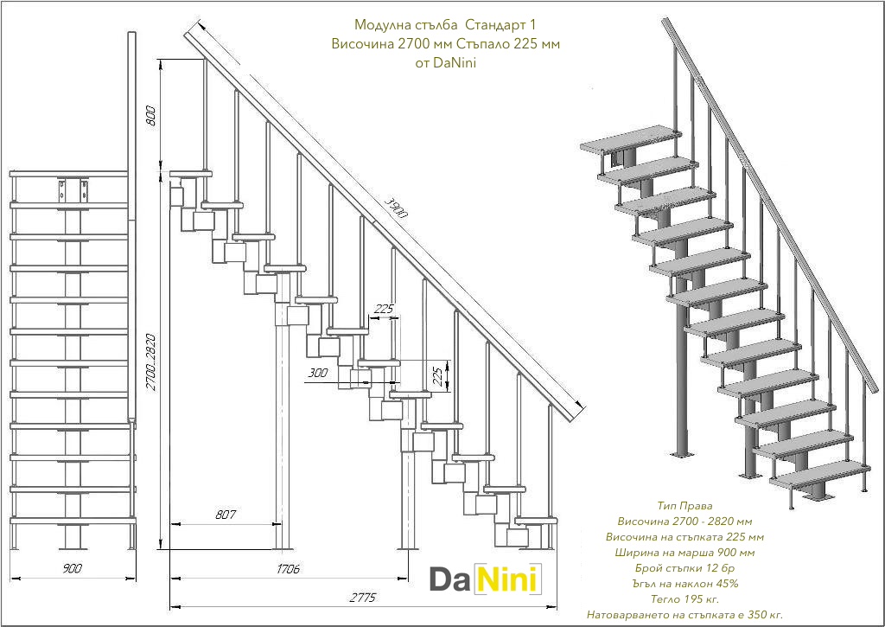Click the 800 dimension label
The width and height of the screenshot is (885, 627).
pyautogui.click(x=152, y=116)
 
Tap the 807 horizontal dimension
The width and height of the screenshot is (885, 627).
pyautogui.click(x=225, y=515)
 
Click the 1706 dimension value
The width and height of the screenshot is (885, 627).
pyautogui.click(x=288, y=569)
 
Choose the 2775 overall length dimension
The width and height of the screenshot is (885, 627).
pyautogui.click(x=361, y=598)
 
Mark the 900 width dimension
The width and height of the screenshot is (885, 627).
pyautogui.click(x=73, y=568)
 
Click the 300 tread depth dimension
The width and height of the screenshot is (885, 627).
pyautogui.click(x=317, y=374)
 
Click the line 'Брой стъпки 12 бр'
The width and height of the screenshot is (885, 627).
pyautogui.click(x=684, y=567)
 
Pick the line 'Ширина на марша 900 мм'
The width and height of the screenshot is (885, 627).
pyautogui.click(x=684, y=552)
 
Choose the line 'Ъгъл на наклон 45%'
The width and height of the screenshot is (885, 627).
pyautogui.click(x=684, y=583)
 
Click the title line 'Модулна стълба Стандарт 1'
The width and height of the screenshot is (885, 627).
pyautogui.click(x=444, y=25)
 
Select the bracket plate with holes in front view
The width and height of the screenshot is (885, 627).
pyautogui.click(x=73, y=189)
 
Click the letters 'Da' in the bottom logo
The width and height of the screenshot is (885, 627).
pyautogui.click(x=452, y=579)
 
